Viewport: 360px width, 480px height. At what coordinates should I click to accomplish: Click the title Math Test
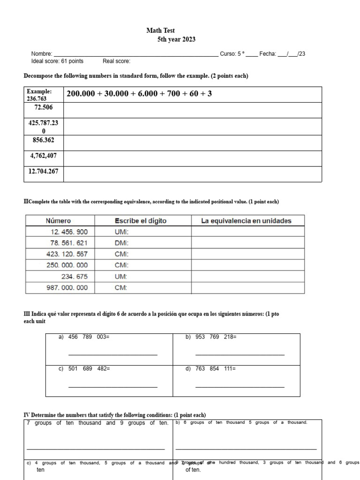(160, 30)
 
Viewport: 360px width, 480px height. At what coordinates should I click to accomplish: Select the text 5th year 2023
(176, 39)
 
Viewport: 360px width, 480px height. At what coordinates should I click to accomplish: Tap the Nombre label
(42, 54)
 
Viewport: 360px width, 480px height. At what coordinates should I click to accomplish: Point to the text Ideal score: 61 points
(57, 61)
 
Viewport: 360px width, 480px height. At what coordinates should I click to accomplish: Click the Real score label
(116, 61)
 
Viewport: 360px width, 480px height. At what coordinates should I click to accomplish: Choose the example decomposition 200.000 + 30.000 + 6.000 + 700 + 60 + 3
(139, 94)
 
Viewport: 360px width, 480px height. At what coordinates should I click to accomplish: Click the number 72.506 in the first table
(44, 108)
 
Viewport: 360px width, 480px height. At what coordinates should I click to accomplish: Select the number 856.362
(44, 140)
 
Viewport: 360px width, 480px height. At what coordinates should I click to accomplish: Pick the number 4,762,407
(44, 156)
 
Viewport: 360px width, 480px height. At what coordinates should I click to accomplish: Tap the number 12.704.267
(44, 171)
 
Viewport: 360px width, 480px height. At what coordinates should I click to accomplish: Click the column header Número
(58, 221)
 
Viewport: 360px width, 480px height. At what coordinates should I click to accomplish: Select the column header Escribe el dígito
(141, 221)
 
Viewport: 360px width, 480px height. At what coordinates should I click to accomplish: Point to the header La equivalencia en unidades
(246, 221)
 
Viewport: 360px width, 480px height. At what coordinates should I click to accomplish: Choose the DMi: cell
(122, 243)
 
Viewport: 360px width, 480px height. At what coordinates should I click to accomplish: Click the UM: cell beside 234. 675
(121, 277)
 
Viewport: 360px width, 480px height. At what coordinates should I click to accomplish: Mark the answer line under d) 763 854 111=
(240, 387)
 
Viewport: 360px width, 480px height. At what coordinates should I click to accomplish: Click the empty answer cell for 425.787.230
(192, 127)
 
